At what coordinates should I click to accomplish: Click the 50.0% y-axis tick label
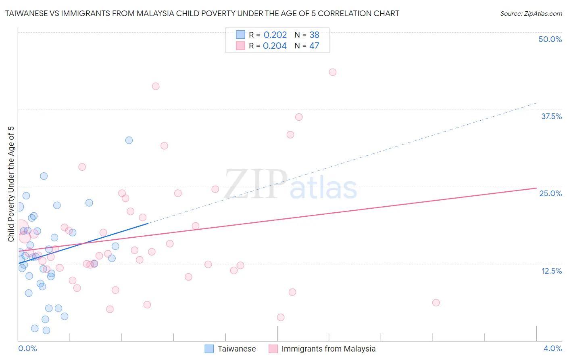[550, 39]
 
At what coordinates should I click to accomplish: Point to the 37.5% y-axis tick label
[551, 116]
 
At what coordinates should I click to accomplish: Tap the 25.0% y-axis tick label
[550, 193]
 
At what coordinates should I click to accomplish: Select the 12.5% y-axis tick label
[551, 271]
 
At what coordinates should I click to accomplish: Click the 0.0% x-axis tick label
[27, 348]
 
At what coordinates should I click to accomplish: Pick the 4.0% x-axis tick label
[552, 348]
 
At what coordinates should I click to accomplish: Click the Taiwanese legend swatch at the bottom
[209, 349]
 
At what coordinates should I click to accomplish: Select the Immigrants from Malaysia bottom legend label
[328, 349]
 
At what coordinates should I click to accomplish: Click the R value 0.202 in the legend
[275, 35]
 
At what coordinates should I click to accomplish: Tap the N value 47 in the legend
[314, 46]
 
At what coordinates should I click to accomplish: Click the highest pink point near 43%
[332, 72]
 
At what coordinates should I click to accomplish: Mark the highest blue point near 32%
[129, 140]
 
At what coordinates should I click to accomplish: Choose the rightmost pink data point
[436, 303]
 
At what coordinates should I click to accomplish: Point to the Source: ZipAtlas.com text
[531, 14]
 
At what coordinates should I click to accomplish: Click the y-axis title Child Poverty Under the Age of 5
[11, 184]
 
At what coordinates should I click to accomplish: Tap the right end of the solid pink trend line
[536, 188]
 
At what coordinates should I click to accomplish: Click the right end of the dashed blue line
[537, 103]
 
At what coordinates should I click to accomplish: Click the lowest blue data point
[46, 331]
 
